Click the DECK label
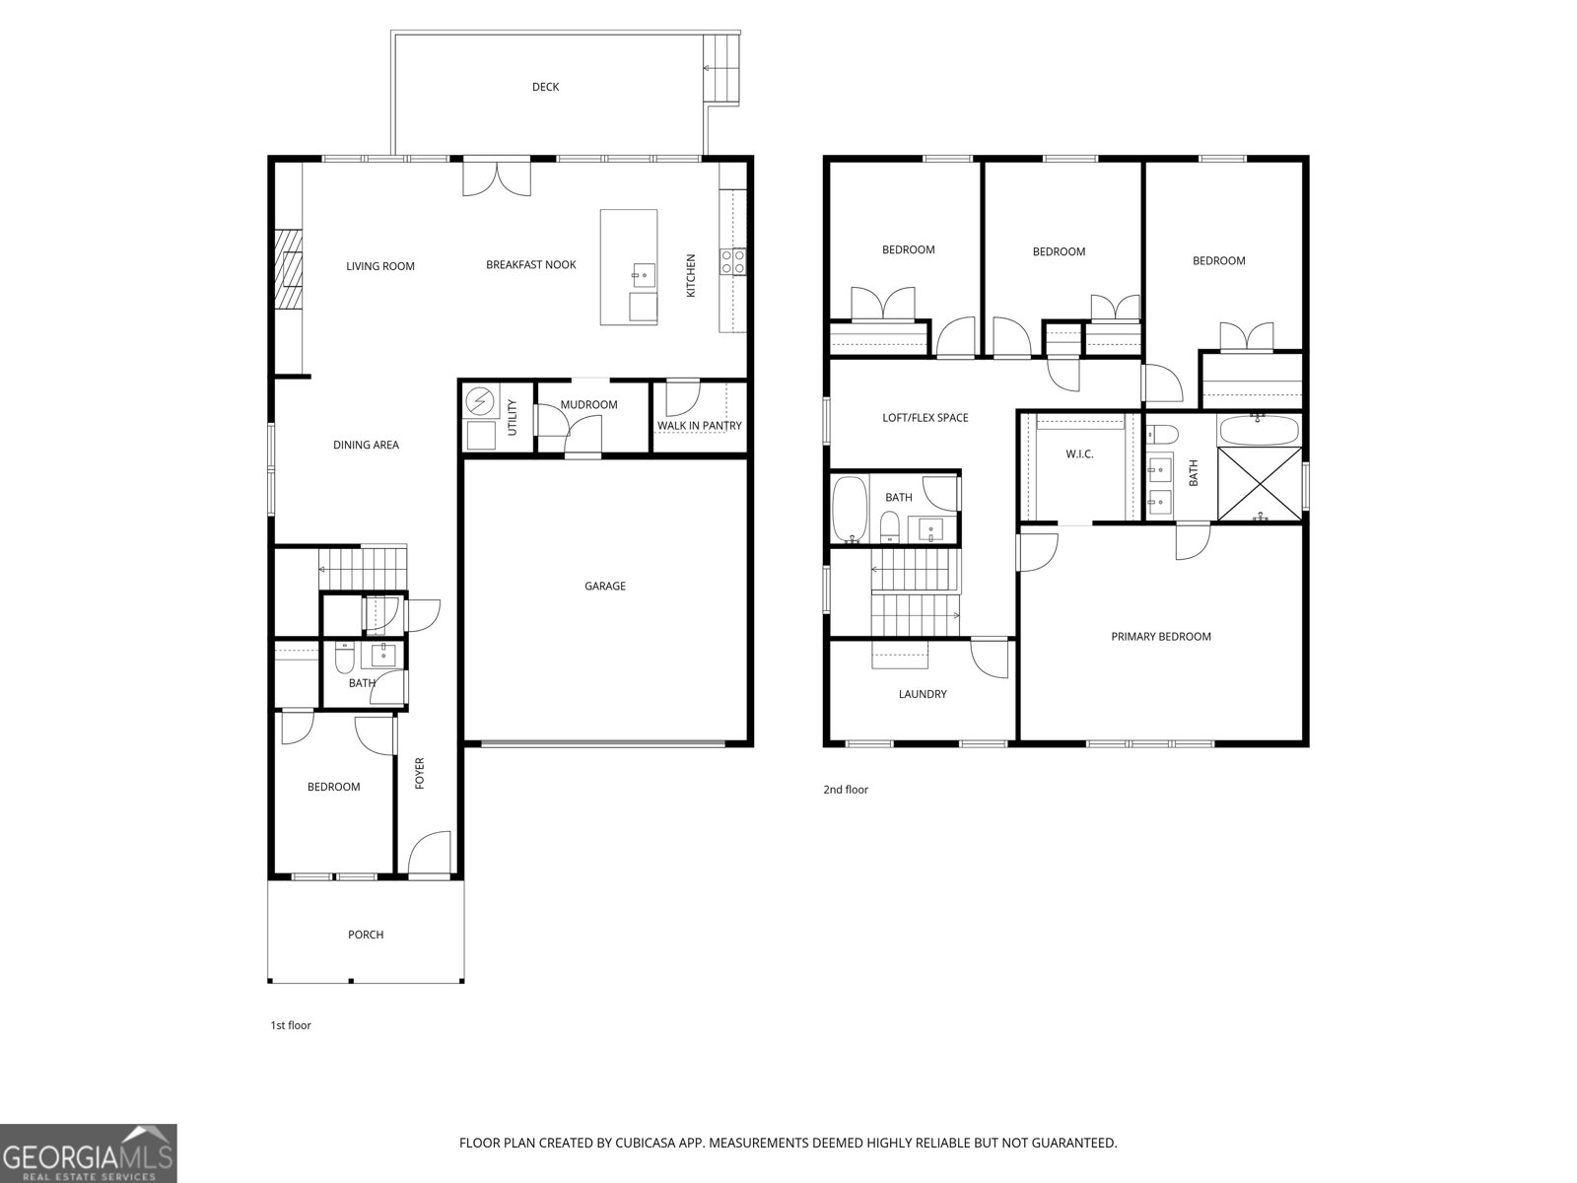pyautogui.click(x=545, y=87)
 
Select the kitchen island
pyautogui.click(x=629, y=266)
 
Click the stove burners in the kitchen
pyautogui.click(x=732, y=261)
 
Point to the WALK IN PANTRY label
pyautogui.click(x=700, y=426)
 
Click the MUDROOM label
pyautogui.click(x=588, y=404)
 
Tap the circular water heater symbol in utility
pyautogui.click(x=480, y=401)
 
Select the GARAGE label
pyautogui.click(x=604, y=586)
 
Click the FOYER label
pyautogui.click(x=419, y=773)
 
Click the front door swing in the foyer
pyautogui.click(x=429, y=854)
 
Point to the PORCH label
pyautogui.click(x=366, y=935)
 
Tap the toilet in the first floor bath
pyautogui.click(x=344, y=657)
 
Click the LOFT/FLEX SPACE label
pyautogui.click(x=925, y=418)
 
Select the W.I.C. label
pyautogui.click(x=1079, y=454)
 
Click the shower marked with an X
pyautogui.click(x=1260, y=484)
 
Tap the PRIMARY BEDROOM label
pyautogui.click(x=1161, y=637)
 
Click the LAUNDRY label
pyautogui.click(x=923, y=694)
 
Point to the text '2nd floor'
pyautogui.click(x=846, y=790)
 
